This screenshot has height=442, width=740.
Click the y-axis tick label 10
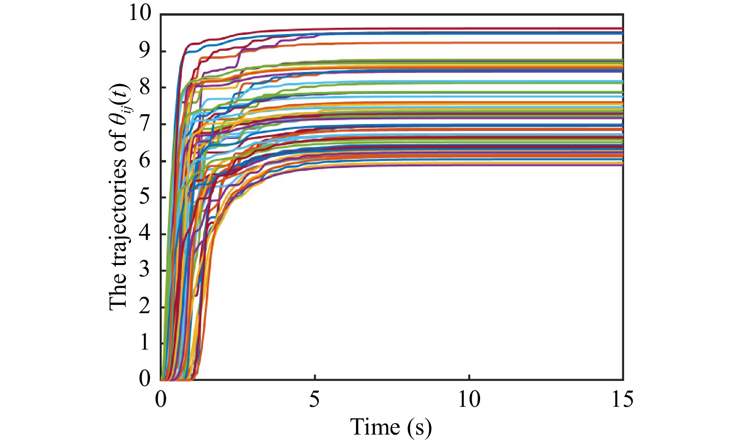(139, 14)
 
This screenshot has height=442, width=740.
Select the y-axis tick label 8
(145, 87)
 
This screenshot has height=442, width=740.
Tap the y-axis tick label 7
(145, 124)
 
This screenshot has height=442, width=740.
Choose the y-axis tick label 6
(145, 161)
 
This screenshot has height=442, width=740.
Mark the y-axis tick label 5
(145, 197)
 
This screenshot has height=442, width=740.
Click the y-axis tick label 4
(145, 234)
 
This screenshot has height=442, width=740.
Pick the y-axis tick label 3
(145, 270)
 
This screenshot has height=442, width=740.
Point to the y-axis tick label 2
(145, 307)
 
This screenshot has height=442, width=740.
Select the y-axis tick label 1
(145, 343)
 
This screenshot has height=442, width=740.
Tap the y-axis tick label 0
(145, 379)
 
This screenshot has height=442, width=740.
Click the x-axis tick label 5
(314, 400)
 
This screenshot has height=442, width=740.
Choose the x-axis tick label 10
(469, 400)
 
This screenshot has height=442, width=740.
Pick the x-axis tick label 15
(622, 400)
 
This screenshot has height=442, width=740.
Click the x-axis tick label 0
(161, 400)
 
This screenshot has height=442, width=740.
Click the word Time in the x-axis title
(375, 426)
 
